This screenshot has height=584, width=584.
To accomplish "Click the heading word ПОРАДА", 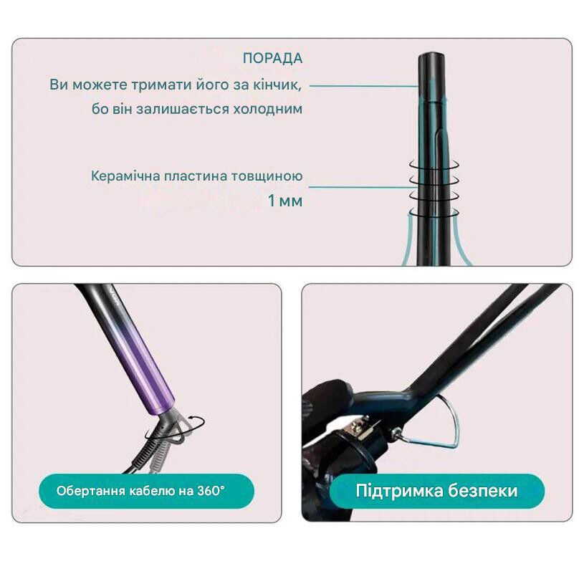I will point(272,59).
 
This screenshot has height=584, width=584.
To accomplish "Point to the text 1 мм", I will point(285,201).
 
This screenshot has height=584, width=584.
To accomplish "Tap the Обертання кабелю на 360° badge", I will point(145,492).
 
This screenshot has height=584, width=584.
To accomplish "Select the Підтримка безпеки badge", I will point(436,492).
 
